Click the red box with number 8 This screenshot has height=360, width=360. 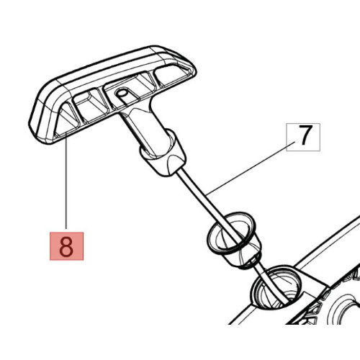(66, 246)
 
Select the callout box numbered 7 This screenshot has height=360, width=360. (303, 137)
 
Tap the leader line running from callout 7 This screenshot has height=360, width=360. (251, 168)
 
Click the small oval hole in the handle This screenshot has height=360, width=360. (122, 93)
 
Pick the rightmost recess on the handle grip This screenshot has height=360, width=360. (171, 74)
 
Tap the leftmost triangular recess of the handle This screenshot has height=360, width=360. (67, 119)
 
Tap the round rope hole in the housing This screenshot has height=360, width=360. (276, 287)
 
